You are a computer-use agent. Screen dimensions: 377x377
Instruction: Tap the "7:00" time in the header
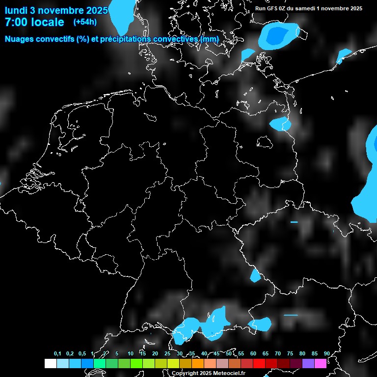point(17,22)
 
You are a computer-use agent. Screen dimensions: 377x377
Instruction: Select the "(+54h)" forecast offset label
point(85,22)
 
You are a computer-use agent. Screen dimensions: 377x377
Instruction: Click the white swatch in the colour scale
point(50,364)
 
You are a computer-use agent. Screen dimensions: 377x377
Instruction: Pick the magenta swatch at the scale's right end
point(321,364)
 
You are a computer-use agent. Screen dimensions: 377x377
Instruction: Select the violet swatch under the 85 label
point(308,364)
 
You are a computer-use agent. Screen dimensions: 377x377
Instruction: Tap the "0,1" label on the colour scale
point(57,354)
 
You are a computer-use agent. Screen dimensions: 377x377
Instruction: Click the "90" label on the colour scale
point(326,354)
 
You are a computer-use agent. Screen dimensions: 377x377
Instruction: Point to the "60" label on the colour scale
point(253,354)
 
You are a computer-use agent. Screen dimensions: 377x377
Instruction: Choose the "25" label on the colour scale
point(167,354)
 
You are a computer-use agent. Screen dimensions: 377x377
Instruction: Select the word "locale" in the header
point(48,22)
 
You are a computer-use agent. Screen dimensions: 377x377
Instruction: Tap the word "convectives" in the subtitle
point(176,39)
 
